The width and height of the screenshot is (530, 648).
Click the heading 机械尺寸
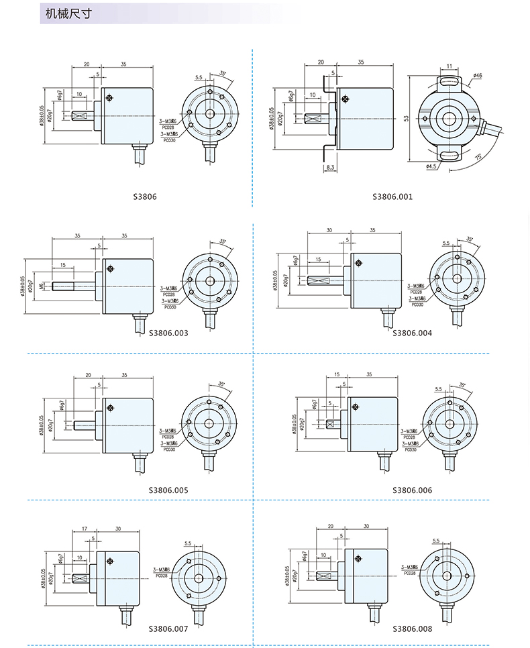coord(68,13)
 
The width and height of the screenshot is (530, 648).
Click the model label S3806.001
coord(392,197)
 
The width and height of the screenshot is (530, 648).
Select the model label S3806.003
coord(168,333)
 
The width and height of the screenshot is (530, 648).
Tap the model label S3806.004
coord(412,333)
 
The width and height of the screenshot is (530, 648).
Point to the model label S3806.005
coord(168,490)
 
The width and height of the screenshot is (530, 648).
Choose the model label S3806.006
coord(412,490)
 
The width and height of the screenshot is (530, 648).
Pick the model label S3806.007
coord(168,629)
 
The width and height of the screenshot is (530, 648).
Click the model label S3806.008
coord(412,629)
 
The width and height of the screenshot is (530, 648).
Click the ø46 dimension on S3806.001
coord(477,76)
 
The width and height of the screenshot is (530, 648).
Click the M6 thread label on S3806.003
coord(41,286)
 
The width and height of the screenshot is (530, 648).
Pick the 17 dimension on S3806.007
coord(84,529)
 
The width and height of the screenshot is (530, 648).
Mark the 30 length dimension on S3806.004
coord(329,230)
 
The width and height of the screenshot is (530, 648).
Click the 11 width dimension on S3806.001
coord(449,66)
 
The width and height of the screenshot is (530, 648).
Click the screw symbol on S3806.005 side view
coord(111,407)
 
